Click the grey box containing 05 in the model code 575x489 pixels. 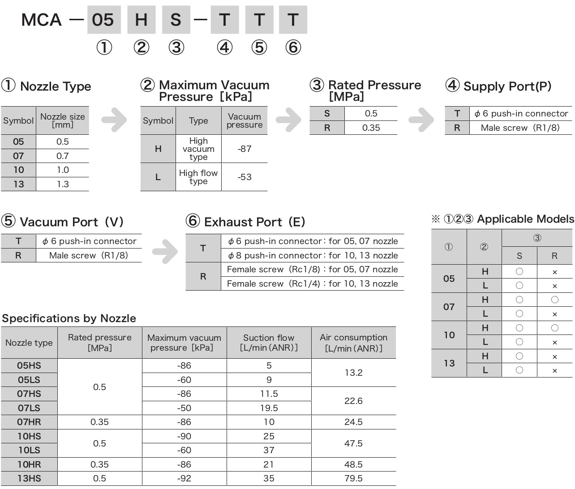103,20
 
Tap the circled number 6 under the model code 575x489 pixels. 293,47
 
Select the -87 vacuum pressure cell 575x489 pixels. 245,149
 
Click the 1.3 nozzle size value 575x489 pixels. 63,184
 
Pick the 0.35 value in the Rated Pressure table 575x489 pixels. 371,128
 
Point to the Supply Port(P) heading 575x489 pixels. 498,86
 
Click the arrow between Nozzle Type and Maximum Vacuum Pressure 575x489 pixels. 114,120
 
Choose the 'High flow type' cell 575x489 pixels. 198,177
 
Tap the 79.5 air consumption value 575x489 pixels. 353,478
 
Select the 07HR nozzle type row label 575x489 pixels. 29,422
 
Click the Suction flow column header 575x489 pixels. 269,343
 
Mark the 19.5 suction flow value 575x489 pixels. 269,408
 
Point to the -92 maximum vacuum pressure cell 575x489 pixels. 184,478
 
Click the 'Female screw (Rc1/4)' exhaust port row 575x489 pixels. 312,283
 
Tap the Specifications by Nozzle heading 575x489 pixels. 69,318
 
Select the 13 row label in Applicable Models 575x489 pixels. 449,363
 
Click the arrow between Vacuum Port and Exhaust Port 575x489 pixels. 165,251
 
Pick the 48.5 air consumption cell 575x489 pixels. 353,464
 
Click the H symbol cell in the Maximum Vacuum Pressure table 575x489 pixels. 158,149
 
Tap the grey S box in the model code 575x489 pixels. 176,20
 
